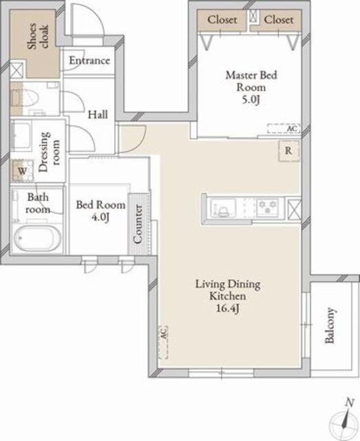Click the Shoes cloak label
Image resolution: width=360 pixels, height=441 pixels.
[x=38, y=37]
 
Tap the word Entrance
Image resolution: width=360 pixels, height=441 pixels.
[x=89, y=61]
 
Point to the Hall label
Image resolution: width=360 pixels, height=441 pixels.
[x=98, y=114]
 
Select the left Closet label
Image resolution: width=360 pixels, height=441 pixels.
[x=222, y=20]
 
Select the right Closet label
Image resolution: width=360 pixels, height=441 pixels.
[x=279, y=20]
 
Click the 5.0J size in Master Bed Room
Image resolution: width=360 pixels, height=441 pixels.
[x=251, y=100]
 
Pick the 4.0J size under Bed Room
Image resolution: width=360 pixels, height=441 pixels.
[x=100, y=218]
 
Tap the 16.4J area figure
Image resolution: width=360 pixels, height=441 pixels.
[x=228, y=309]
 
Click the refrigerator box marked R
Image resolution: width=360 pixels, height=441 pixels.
[x=288, y=151]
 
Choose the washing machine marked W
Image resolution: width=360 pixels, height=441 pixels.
[x=23, y=170]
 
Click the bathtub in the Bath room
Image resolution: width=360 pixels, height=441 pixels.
[x=37, y=238]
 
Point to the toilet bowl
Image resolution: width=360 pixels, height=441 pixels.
[x=28, y=98]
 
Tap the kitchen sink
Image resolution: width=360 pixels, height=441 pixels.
[x=223, y=208]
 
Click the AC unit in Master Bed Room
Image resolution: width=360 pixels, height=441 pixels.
[x=284, y=129]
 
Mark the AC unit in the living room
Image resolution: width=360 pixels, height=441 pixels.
[x=163, y=342]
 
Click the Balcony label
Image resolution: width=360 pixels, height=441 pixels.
[x=330, y=325]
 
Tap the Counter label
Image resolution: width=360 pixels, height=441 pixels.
[x=138, y=224]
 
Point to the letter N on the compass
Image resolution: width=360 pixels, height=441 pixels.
[x=349, y=402]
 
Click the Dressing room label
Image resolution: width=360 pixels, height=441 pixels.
[x=49, y=152]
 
